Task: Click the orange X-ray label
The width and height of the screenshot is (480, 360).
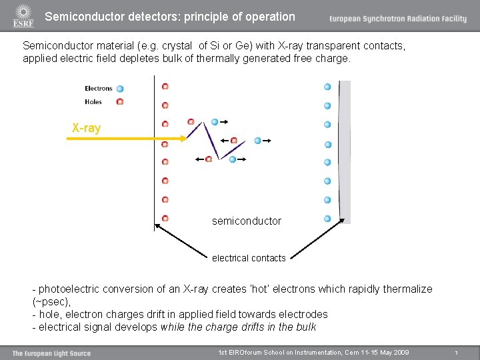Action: pyautogui.click(x=86, y=127)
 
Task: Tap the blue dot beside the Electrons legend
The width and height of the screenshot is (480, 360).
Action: pyautogui.click(x=120, y=89)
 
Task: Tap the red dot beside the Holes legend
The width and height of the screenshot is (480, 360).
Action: pyautogui.click(x=120, y=102)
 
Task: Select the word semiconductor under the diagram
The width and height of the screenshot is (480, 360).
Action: pyautogui.click(x=246, y=221)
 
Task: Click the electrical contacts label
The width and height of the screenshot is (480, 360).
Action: pyautogui.click(x=249, y=258)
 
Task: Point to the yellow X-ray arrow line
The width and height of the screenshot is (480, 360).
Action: pyautogui.click(x=113, y=139)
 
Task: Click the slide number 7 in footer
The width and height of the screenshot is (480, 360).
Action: pyautogui.click(x=456, y=353)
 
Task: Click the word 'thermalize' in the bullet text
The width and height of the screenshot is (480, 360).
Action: pyautogui.click(x=405, y=289)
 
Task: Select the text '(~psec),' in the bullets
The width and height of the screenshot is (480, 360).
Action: pyautogui.click(x=52, y=302)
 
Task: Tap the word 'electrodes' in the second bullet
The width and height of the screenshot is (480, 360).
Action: pyautogui.click(x=303, y=315)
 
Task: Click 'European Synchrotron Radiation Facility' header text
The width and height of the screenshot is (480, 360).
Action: pyautogui.click(x=397, y=19)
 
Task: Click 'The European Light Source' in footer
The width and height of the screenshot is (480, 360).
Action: pyautogui.click(x=51, y=353)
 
